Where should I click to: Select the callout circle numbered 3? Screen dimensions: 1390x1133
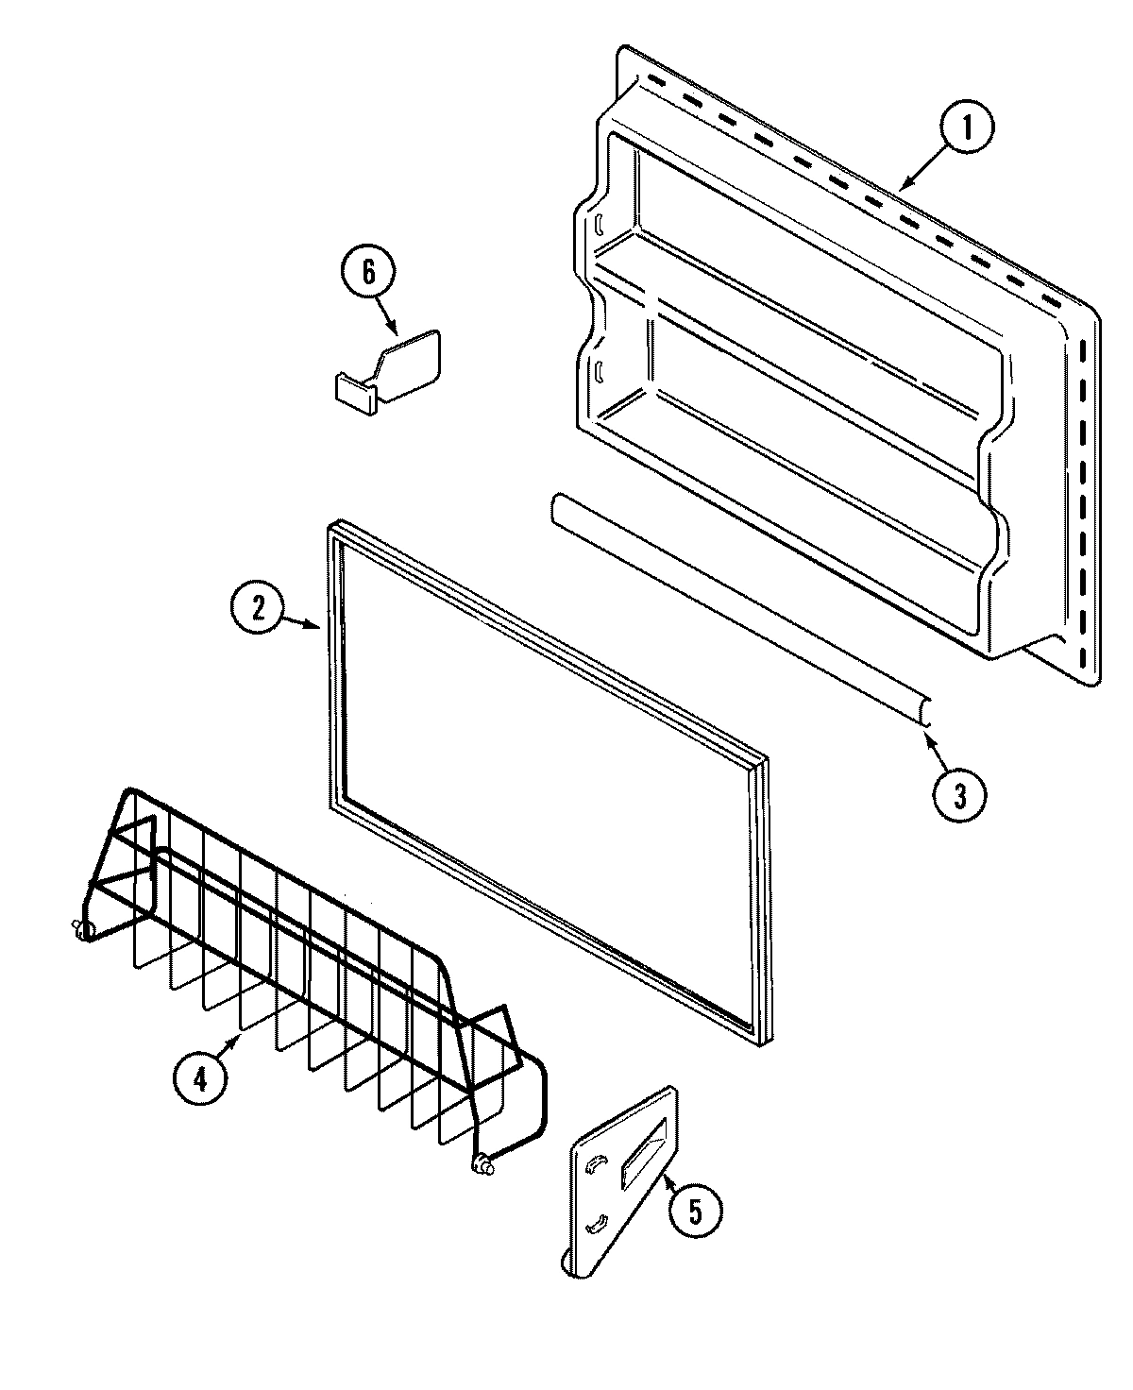click(x=958, y=795)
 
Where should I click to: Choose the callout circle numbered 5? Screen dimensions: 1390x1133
click(x=695, y=1212)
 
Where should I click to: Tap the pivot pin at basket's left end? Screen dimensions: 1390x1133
click(x=80, y=930)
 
